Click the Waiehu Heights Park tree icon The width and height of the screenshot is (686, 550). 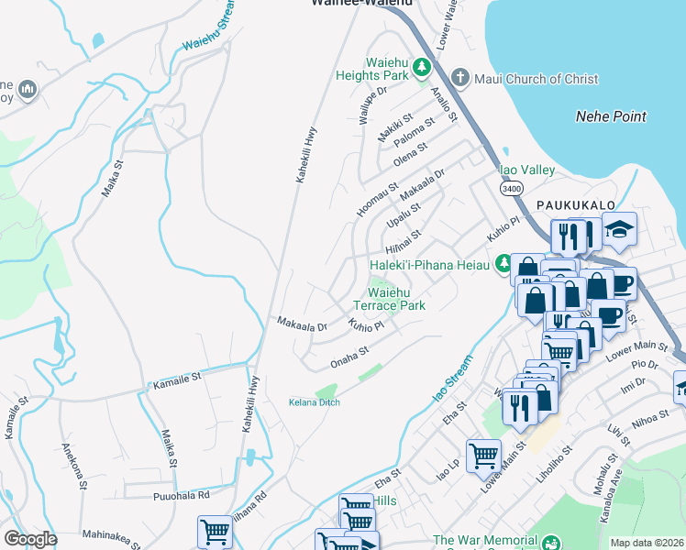point(421,66)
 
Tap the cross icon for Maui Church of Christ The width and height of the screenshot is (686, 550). point(460,79)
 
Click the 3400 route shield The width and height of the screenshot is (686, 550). point(511,188)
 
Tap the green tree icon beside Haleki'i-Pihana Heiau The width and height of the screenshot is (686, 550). point(503,265)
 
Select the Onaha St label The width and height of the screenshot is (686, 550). point(349,357)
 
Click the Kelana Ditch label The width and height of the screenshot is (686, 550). point(314,402)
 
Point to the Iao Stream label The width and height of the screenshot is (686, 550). point(452,380)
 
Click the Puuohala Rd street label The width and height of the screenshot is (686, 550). point(181,495)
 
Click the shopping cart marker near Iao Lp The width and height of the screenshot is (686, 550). point(483,455)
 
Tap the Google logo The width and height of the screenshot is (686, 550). point(30,539)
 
